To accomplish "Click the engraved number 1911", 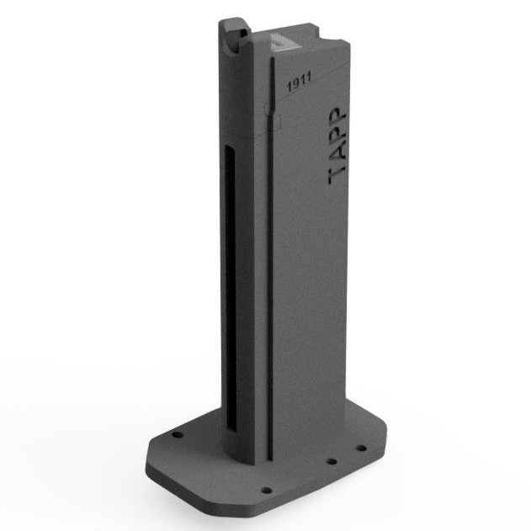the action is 299,82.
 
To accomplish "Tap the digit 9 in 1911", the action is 295,83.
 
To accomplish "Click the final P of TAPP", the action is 337,117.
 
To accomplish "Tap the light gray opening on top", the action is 284,41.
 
